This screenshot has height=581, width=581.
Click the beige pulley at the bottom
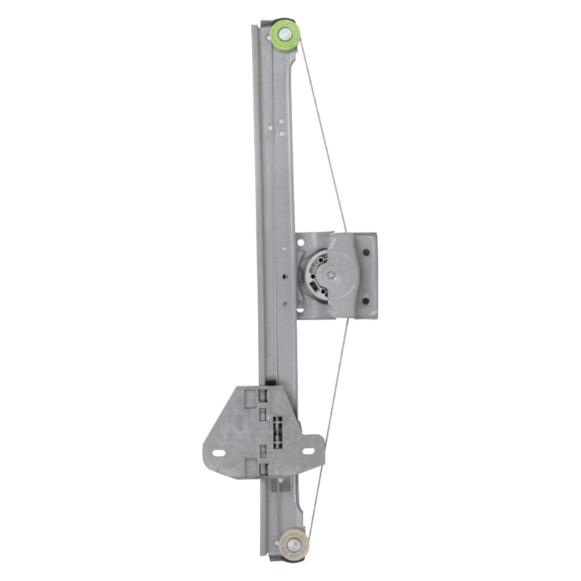(292, 541)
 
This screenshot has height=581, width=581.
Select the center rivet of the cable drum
(331, 275)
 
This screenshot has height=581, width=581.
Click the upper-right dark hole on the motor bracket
(366, 252)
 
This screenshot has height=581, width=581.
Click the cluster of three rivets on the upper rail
(275, 126)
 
